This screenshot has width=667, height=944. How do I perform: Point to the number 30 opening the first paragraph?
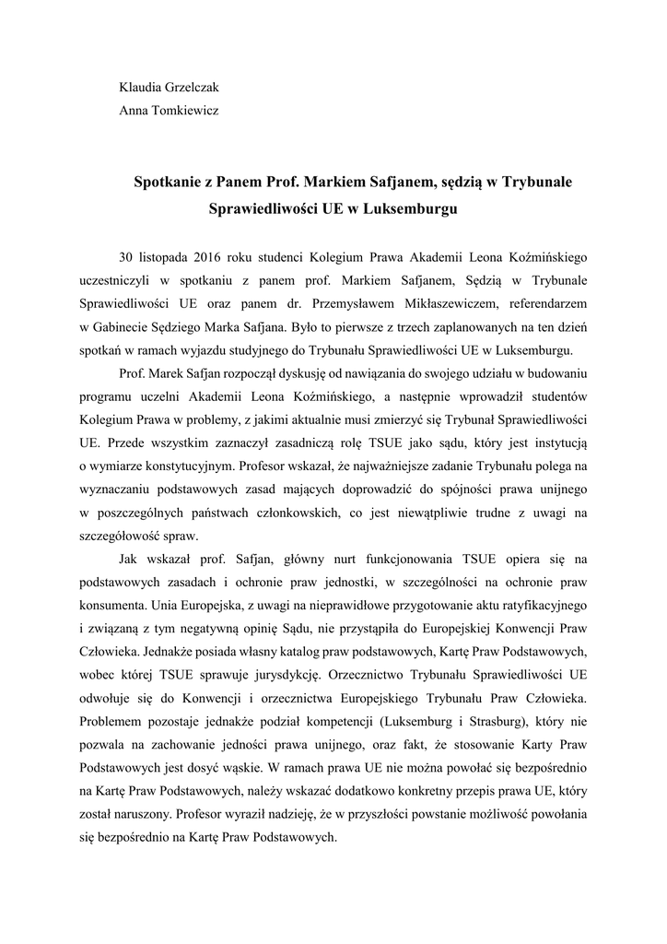point(127,254)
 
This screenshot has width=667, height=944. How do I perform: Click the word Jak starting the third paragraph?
point(130,559)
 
